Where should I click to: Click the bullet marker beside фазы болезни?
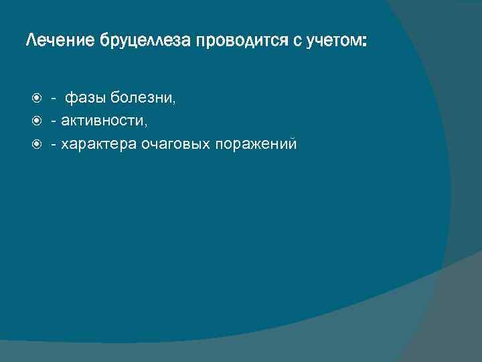pyautogui.click(x=37, y=99)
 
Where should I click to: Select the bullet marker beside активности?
pyautogui.click(x=37, y=121)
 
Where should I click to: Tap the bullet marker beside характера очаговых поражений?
pyautogui.click(x=37, y=143)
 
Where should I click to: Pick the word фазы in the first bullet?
pyautogui.click(x=86, y=99)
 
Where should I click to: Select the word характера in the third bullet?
pyautogui.click(x=98, y=143)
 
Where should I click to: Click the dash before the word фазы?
pyautogui.click(x=54, y=99)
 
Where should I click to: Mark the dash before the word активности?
pyautogui.click(x=54, y=121)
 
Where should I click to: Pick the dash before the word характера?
pyautogui.click(x=54, y=143)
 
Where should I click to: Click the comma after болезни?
pyautogui.click(x=175, y=103)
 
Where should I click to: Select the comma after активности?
pyautogui.click(x=145, y=125)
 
